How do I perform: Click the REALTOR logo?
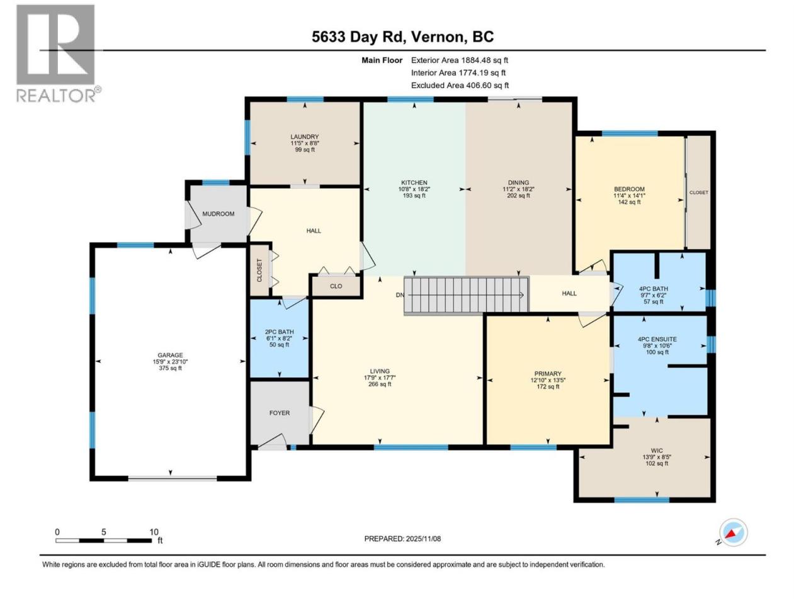(x=59, y=53)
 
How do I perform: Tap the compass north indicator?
(x=733, y=532)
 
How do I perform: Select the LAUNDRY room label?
(x=304, y=137)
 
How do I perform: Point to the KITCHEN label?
(x=414, y=182)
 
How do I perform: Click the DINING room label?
(x=518, y=182)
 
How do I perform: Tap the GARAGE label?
(x=170, y=355)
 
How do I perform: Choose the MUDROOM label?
(x=218, y=214)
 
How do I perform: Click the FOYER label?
(x=280, y=413)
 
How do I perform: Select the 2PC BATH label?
(x=279, y=332)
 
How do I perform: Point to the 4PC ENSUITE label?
(x=657, y=339)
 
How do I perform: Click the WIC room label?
(x=657, y=450)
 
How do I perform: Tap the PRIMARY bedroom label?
(x=547, y=374)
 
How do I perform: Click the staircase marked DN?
(x=467, y=296)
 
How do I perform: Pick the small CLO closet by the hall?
(x=336, y=286)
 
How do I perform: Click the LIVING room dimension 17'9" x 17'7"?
(x=379, y=377)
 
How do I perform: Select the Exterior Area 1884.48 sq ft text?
(x=460, y=60)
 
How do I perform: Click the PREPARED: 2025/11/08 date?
(x=402, y=539)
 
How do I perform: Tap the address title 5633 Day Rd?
(x=358, y=36)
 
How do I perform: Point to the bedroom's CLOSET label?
(x=698, y=193)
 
